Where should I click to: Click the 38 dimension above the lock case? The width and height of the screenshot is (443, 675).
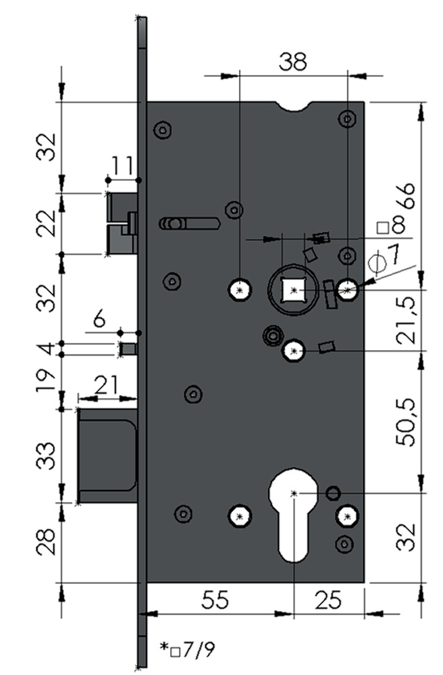(x=292, y=61)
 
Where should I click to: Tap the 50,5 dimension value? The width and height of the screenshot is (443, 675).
(x=406, y=422)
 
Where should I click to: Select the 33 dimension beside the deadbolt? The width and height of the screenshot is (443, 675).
(x=47, y=456)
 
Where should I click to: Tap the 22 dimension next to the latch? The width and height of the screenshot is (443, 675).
(x=47, y=223)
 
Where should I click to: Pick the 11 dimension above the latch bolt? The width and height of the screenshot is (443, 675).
(x=123, y=165)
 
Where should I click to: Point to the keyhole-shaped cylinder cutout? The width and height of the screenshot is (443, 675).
(x=293, y=516)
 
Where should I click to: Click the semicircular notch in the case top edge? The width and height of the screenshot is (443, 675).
(x=293, y=107)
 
